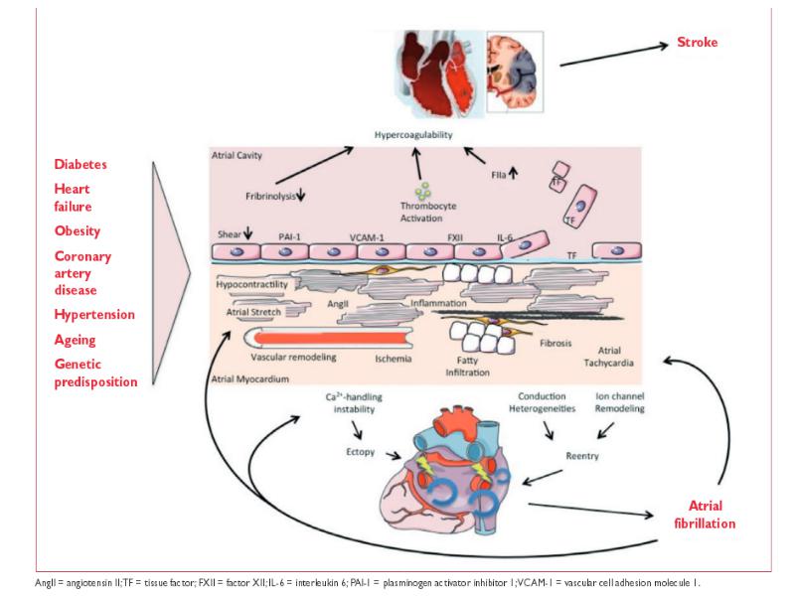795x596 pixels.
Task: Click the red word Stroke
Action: point(698,42)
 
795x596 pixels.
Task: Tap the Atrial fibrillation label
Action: point(705,515)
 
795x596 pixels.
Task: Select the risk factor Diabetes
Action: point(80,164)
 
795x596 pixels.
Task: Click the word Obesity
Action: point(78,231)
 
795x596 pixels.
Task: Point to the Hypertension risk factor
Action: point(94,314)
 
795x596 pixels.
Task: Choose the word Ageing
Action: point(76,340)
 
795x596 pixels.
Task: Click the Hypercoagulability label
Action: point(413,135)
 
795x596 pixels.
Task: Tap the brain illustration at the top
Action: point(515,72)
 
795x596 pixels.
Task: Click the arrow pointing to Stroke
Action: point(614,56)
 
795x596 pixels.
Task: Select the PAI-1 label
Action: point(289,236)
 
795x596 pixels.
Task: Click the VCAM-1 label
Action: point(367,237)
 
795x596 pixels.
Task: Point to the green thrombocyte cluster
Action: point(423,191)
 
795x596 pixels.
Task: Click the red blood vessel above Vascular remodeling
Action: point(328,338)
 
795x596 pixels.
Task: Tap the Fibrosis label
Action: point(556,343)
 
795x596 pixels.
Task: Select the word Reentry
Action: point(582,456)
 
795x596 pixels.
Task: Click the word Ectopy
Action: point(361,452)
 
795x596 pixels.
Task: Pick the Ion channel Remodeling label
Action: point(619,402)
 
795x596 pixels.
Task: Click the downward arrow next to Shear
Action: point(247,233)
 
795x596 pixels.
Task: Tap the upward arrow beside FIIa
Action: point(513,174)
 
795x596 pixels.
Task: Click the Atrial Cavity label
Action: point(237,156)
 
